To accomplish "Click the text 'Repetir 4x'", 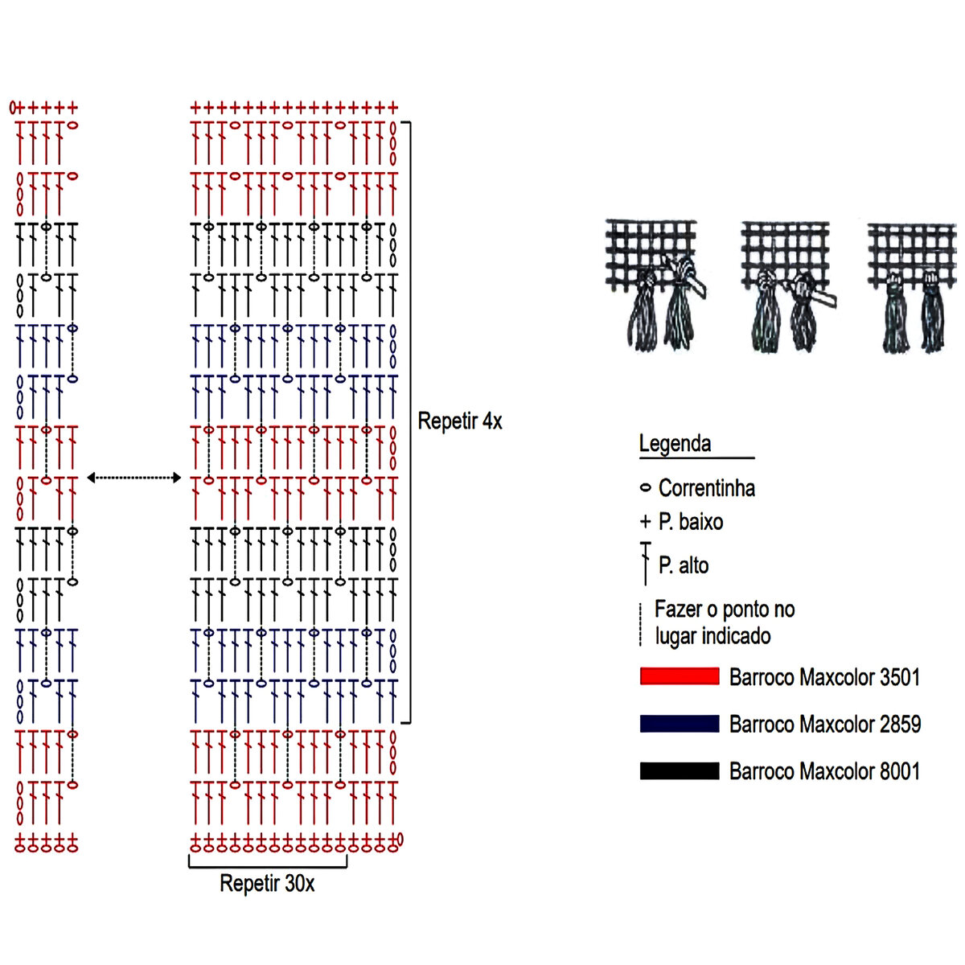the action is (x=460, y=421).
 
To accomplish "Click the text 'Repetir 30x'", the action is (x=267, y=884).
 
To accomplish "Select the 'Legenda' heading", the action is (x=675, y=443).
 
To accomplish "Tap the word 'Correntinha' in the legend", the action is (x=706, y=488).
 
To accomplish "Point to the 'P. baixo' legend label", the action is (x=690, y=522).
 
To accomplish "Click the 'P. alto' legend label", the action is (x=683, y=565).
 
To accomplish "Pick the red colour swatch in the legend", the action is (x=680, y=676).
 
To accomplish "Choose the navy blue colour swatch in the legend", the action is (x=680, y=724).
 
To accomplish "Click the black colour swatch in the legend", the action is (x=680, y=771).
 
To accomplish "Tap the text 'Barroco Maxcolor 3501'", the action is (x=824, y=677).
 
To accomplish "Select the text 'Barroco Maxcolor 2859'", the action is (x=824, y=725).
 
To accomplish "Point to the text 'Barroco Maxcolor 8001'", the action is (x=824, y=772).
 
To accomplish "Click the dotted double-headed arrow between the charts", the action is (x=134, y=478).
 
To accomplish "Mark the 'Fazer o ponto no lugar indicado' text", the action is (x=724, y=622).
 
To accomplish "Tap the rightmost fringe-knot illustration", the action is (x=913, y=288).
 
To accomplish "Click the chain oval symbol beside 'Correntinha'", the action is (x=645, y=488).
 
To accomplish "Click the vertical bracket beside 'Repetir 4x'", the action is (x=409, y=422).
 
